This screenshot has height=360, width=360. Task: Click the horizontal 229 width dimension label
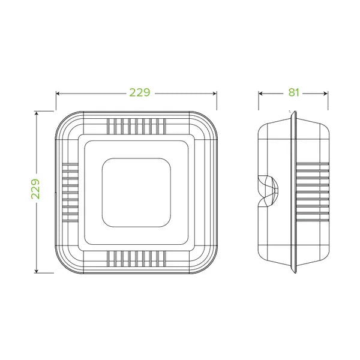pyautogui.click(x=139, y=93)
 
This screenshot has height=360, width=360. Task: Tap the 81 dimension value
pyautogui.click(x=293, y=92)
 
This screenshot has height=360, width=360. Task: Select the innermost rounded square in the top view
pyautogui.click(x=137, y=191)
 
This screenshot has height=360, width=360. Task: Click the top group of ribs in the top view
pyautogui.click(x=137, y=126)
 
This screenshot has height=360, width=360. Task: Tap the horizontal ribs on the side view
pyautogui.click(x=313, y=191)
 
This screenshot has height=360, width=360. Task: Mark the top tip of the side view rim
pyautogui.click(x=292, y=112)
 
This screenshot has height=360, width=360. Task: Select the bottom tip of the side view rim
pyautogui.click(x=292, y=271)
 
